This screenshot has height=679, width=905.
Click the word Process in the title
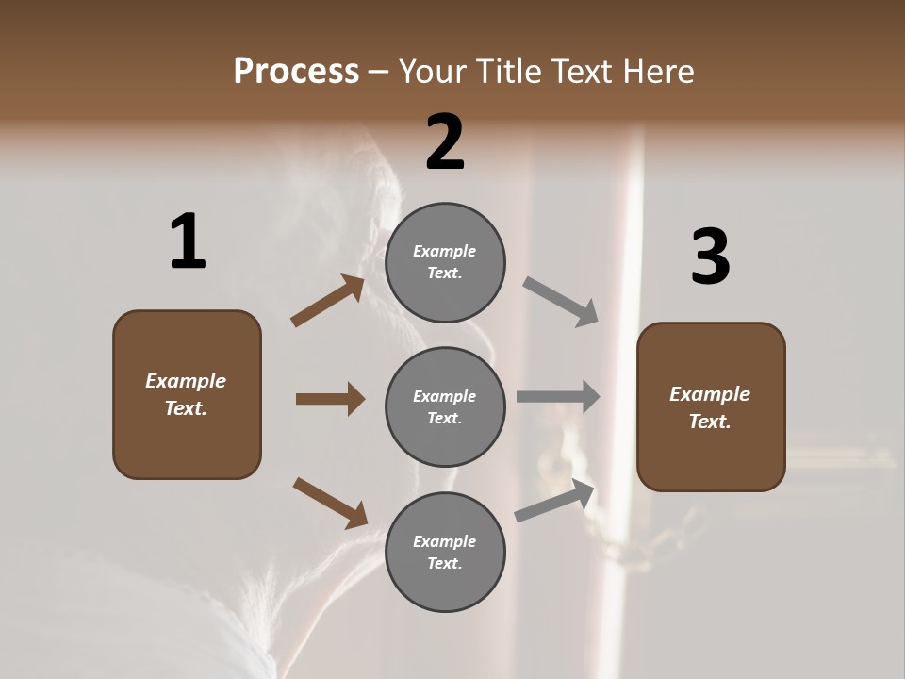[296, 72]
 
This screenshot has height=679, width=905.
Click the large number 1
[188, 242]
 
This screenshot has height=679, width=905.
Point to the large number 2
[445, 142]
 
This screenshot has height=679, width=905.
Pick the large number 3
[710, 257]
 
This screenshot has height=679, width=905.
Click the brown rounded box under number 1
[187, 394]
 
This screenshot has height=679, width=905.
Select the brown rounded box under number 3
[711, 407]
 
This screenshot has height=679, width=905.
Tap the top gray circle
[445, 262]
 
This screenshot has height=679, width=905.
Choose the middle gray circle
[445, 406]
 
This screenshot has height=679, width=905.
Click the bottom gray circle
[445, 552]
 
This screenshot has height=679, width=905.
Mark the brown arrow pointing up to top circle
[328, 301]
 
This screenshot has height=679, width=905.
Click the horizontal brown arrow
[330, 399]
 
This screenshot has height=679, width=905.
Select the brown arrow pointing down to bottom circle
[330, 502]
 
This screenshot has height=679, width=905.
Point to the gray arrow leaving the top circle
[560, 301]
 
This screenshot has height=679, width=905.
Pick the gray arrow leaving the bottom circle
[554, 501]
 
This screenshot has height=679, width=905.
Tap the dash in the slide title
[379, 72]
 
